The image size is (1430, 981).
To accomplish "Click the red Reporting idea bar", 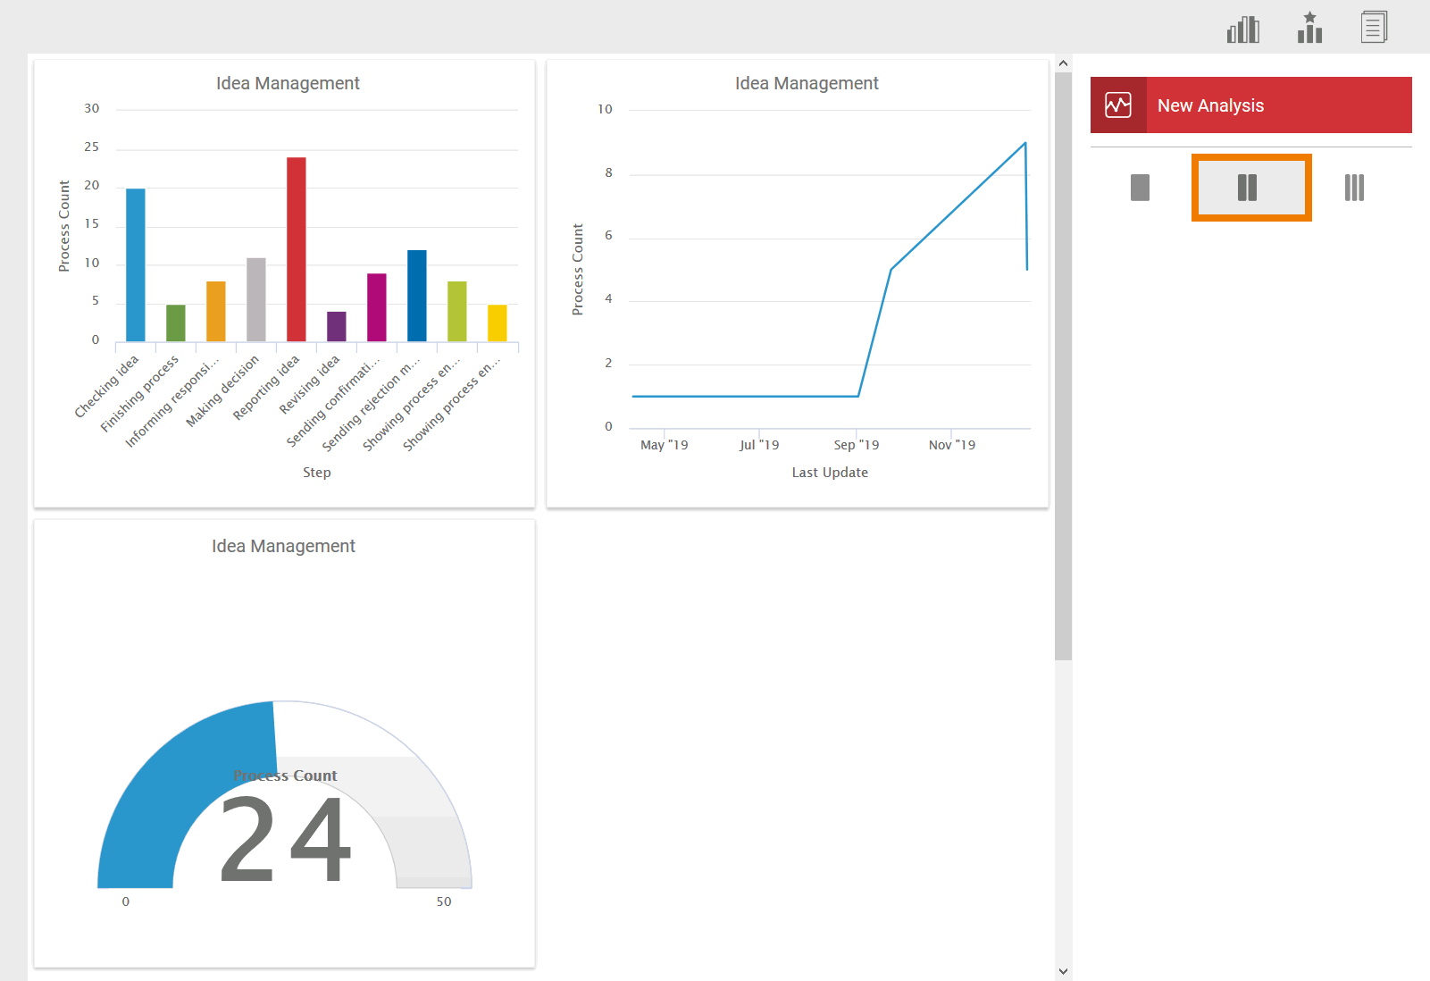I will tap(296, 249).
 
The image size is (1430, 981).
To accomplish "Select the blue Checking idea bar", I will tap(136, 264).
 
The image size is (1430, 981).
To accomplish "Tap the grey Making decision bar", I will tap(256, 299).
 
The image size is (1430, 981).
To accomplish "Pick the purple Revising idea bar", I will tap(337, 326).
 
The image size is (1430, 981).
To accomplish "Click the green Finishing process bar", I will tap(176, 323).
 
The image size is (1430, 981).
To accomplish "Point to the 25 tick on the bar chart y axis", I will tap(92, 147).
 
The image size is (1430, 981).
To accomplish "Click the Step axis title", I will tap(316, 473).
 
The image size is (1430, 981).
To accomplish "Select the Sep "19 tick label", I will tap(856, 445).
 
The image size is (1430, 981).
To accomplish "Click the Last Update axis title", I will tap(830, 473).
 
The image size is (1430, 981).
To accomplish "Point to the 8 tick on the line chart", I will tap(608, 172).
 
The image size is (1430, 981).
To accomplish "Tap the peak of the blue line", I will tap(1024, 143).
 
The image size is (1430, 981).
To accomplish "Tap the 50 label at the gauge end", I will tap(444, 901).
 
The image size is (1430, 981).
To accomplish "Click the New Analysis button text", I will tap(1210, 105).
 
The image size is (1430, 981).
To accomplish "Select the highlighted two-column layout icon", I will tap(1248, 188).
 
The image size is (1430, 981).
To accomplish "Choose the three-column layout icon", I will tap(1354, 188).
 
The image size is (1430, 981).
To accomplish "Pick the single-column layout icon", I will tap(1140, 188).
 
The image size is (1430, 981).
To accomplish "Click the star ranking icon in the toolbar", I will tap(1309, 28).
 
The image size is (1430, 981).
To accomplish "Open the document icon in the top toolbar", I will tap(1374, 28).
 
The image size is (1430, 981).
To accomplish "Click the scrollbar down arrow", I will tap(1063, 971).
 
